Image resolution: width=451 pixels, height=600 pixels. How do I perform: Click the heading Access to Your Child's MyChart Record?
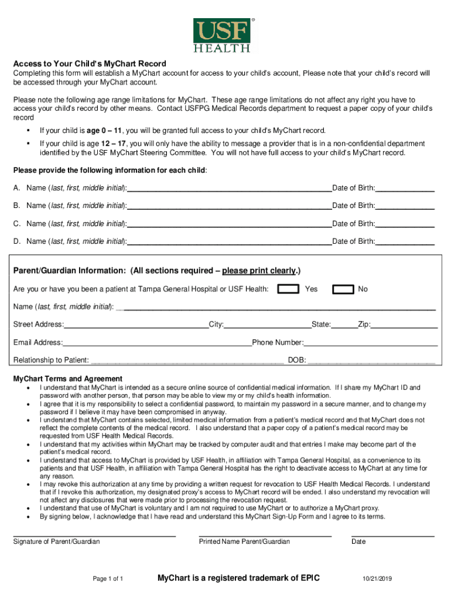pyautogui.click(x=90, y=63)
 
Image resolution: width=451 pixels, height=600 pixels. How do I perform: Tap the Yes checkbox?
pyautogui.click(x=287, y=289)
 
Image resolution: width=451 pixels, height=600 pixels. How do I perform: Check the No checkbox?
pyautogui.click(x=343, y=289)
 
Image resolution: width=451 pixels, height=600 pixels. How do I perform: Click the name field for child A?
pyautogui.click(x=229, y=188)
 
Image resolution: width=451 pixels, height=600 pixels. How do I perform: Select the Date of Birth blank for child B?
pyautogui.click(x=405, y=206)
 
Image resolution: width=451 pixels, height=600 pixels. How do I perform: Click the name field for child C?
pyautogui.click(x=229, y=224)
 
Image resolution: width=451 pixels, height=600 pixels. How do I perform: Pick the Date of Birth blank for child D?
pyautogui.click(x=405, y=241)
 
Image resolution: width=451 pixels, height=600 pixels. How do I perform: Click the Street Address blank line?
pyautogui.click(x=136, y=325)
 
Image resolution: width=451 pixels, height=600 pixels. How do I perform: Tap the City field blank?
pyautogui.click(x=267, y=325)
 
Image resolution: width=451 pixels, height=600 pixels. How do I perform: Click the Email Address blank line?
pyautogui.click(x=157, y=343)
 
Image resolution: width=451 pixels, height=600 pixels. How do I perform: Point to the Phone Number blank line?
pyautogui.click(x=370, y=343)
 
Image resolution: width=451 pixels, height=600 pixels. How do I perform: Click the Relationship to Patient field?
pyautogui.click(x=186, y=360)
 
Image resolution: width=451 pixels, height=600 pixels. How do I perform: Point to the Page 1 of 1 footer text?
pyautogui.click(x=108, y=579)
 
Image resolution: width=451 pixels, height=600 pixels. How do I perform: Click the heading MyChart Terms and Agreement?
pyautogui.click(x=68, y=379)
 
